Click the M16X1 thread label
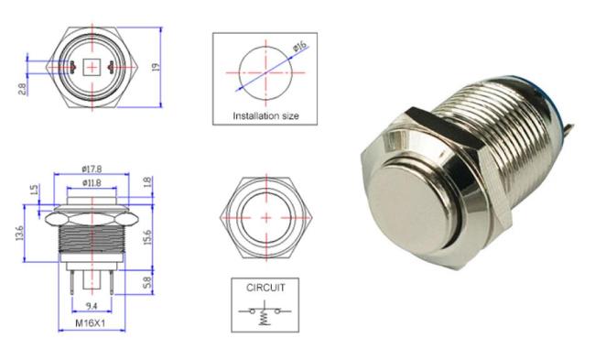(91, 323)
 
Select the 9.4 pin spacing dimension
(92, 306)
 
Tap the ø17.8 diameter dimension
(92, 169)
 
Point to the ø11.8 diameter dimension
(92, 182)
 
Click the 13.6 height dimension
(20, 234)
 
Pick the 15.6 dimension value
(147, 237)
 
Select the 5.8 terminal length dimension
(147, 282)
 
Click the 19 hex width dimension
(156, 67)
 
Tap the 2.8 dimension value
(22, 89)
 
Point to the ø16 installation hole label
(299, 47)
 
